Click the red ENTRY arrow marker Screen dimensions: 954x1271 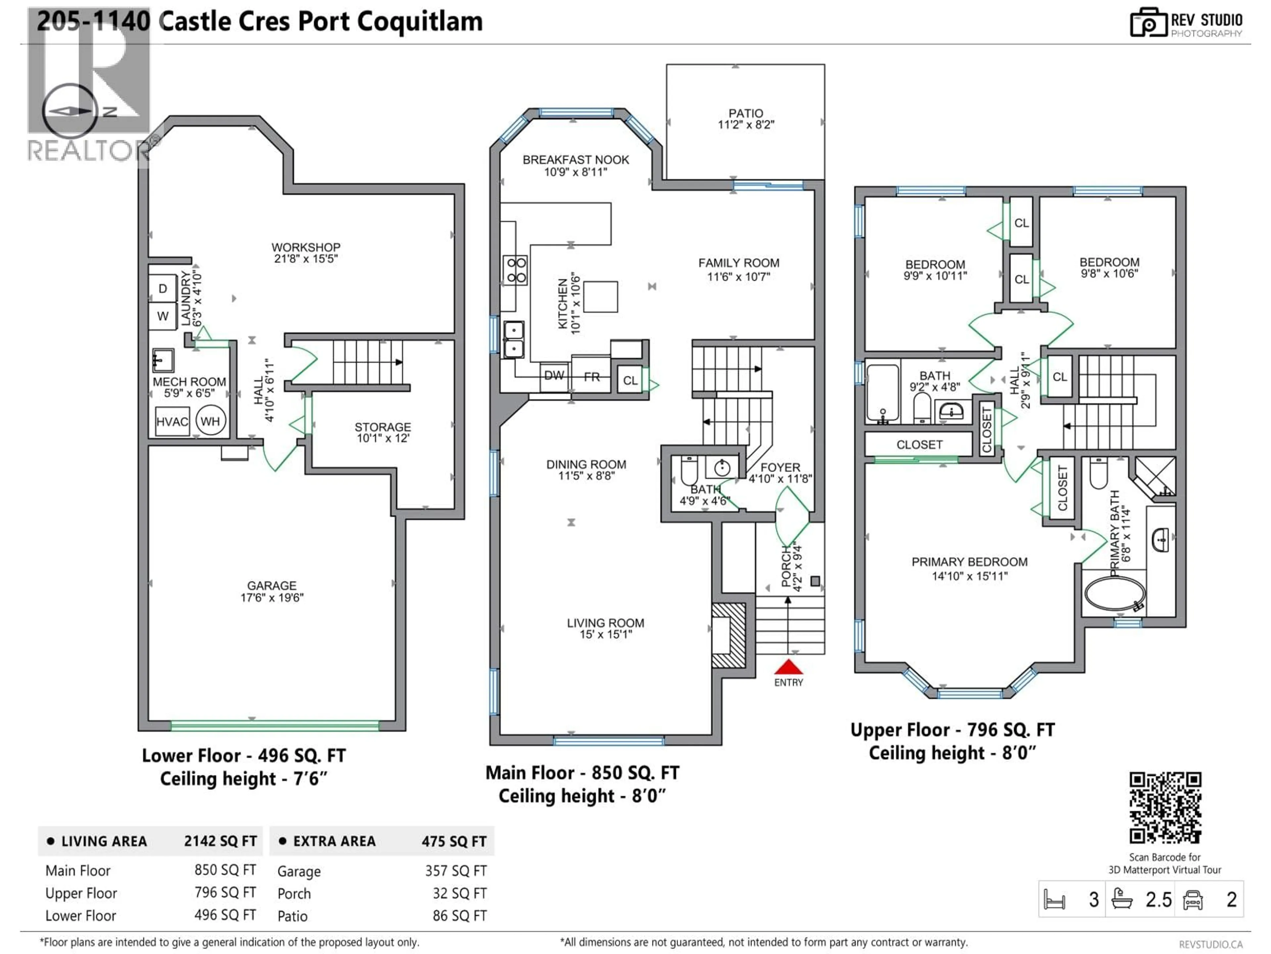pyautogui.click(x=788, y=667)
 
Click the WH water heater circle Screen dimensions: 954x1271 pyautogui.click(x=210, y=421)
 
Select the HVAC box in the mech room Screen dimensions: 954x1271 pyautogui.click(x=172, y=421)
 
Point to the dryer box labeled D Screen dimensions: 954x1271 pyautogui.click(x=163, y=289)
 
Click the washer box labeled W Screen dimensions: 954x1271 pyautogui.click(x=163, y=316)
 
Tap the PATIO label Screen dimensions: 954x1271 pyautogui.click(x=746, y=113)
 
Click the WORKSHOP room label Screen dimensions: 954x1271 pyautogui.click(x=306, y=247)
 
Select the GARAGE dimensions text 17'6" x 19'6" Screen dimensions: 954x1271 pyautogui.click(x=272, y=598)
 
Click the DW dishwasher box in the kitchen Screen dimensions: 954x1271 pyautogui.click(x=554, y=376)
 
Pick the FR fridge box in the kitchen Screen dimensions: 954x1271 pyautogui.click(x=591, y=377)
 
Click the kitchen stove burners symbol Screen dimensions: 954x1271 pyautogui.click(x=515, y=270)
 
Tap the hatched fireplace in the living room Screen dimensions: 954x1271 pyautogui.click(x=729, y=635)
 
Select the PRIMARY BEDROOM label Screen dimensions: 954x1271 pyautogui.click(x=969, y=562)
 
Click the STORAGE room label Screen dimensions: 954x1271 pyautogui.click(x=383, y=427)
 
